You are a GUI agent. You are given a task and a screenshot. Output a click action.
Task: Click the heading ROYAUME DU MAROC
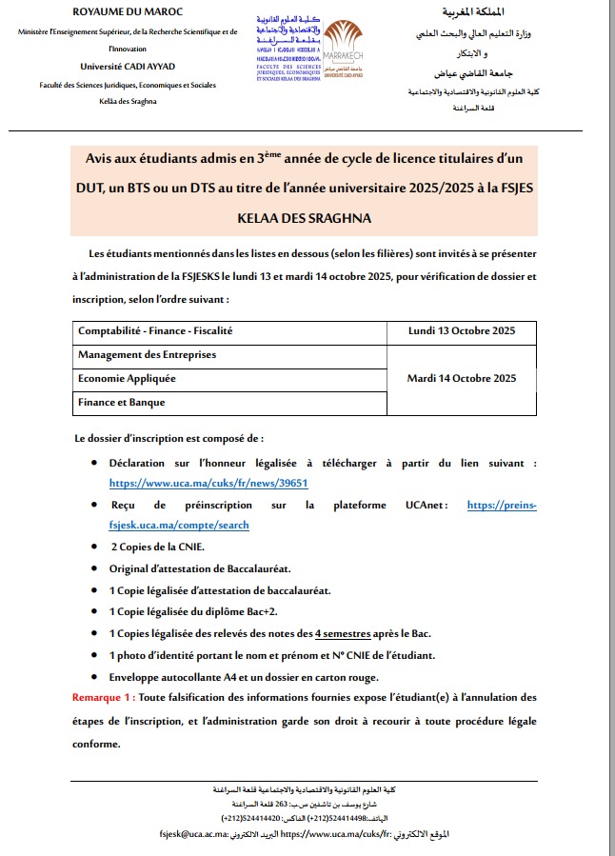(129, 11)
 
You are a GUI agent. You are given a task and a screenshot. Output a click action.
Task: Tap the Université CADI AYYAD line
(129, 66)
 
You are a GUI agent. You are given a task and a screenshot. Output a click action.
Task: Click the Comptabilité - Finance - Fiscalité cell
(155, 330)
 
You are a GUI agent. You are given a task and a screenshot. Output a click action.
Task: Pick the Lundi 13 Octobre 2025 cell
(461, 330)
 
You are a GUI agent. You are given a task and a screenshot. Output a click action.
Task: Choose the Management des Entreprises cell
(148, 354)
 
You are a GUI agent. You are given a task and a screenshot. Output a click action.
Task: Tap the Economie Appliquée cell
(127, 378)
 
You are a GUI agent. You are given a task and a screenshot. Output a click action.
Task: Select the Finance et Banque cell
(122, 402)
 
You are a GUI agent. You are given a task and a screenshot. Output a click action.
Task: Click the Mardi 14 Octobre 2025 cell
(461, 378)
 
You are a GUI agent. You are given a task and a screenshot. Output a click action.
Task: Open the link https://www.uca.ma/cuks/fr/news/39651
(208, 483)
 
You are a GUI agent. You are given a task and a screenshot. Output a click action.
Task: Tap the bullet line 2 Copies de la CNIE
(157, 547)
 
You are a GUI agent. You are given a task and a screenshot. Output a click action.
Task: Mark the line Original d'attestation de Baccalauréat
(200, 568)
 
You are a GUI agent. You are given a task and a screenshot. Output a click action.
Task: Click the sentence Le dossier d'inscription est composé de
(169, 438)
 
